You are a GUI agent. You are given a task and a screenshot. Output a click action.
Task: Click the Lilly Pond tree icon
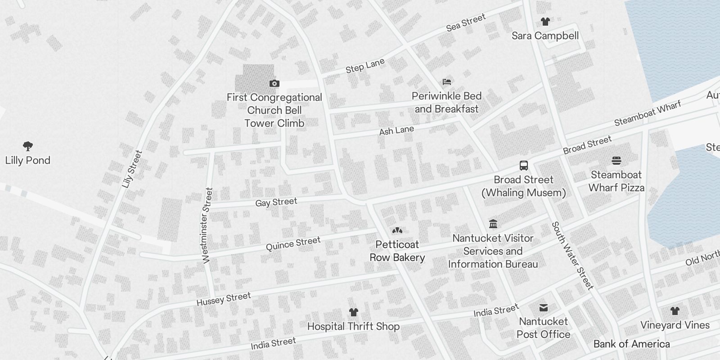click(28, 146)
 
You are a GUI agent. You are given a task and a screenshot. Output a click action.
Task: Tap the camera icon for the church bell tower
click(274, 83)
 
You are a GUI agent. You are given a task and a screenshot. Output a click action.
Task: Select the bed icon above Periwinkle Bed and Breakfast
click(446, 82)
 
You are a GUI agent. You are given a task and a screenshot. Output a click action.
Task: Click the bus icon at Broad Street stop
click(524, 165)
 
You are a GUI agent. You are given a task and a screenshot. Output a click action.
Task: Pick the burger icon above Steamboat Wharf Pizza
click(616, 161)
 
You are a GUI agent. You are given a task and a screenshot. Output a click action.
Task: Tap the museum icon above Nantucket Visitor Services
click(493, 224)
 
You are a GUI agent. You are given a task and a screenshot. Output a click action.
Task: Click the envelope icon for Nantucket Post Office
click(544, 307)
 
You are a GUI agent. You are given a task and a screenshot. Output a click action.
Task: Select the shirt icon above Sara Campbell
click(545, 21)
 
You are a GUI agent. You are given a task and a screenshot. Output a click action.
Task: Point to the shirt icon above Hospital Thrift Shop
click(353, 312)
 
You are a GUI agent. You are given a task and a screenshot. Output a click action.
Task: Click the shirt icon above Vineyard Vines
click(675, 310)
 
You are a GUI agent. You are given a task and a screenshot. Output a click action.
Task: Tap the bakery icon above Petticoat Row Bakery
click(397, 230)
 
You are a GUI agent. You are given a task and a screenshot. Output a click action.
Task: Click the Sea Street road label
click(466, 22)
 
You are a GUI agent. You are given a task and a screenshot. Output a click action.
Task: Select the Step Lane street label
click(365, 66)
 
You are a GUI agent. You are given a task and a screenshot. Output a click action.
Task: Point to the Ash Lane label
click(396, 130)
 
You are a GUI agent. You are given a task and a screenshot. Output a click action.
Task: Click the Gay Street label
click(276, 202)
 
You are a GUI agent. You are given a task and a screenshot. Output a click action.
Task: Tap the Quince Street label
click(293, 243)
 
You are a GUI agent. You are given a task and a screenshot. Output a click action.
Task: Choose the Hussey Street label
click(224, 299)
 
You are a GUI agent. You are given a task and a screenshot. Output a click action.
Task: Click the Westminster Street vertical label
click(207, 225)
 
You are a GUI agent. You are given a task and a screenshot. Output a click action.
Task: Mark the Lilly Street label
click(132, 169)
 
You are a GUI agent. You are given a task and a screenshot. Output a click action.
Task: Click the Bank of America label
click(631, 344)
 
